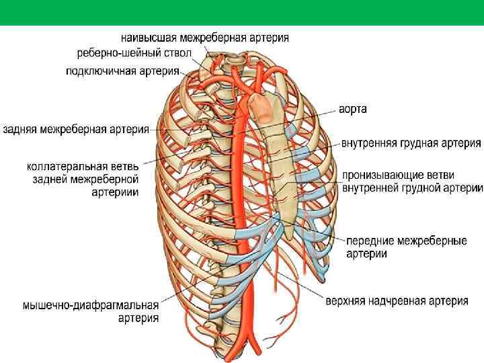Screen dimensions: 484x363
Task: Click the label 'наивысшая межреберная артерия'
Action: click(x=205, y=38)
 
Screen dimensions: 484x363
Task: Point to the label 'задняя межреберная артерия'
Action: click(x=75, y=129)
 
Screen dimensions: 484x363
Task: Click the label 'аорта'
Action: click(x=353, y=109)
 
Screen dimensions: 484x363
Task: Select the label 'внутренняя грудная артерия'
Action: click(x=411, y=143)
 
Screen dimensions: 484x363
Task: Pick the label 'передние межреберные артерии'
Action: click(x=406, y=247)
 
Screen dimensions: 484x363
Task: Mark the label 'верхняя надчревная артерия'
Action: click(x=397, y=301)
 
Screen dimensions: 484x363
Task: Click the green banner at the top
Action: click(x=242, y=12)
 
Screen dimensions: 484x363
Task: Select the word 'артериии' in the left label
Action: click(x=115, y=192)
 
